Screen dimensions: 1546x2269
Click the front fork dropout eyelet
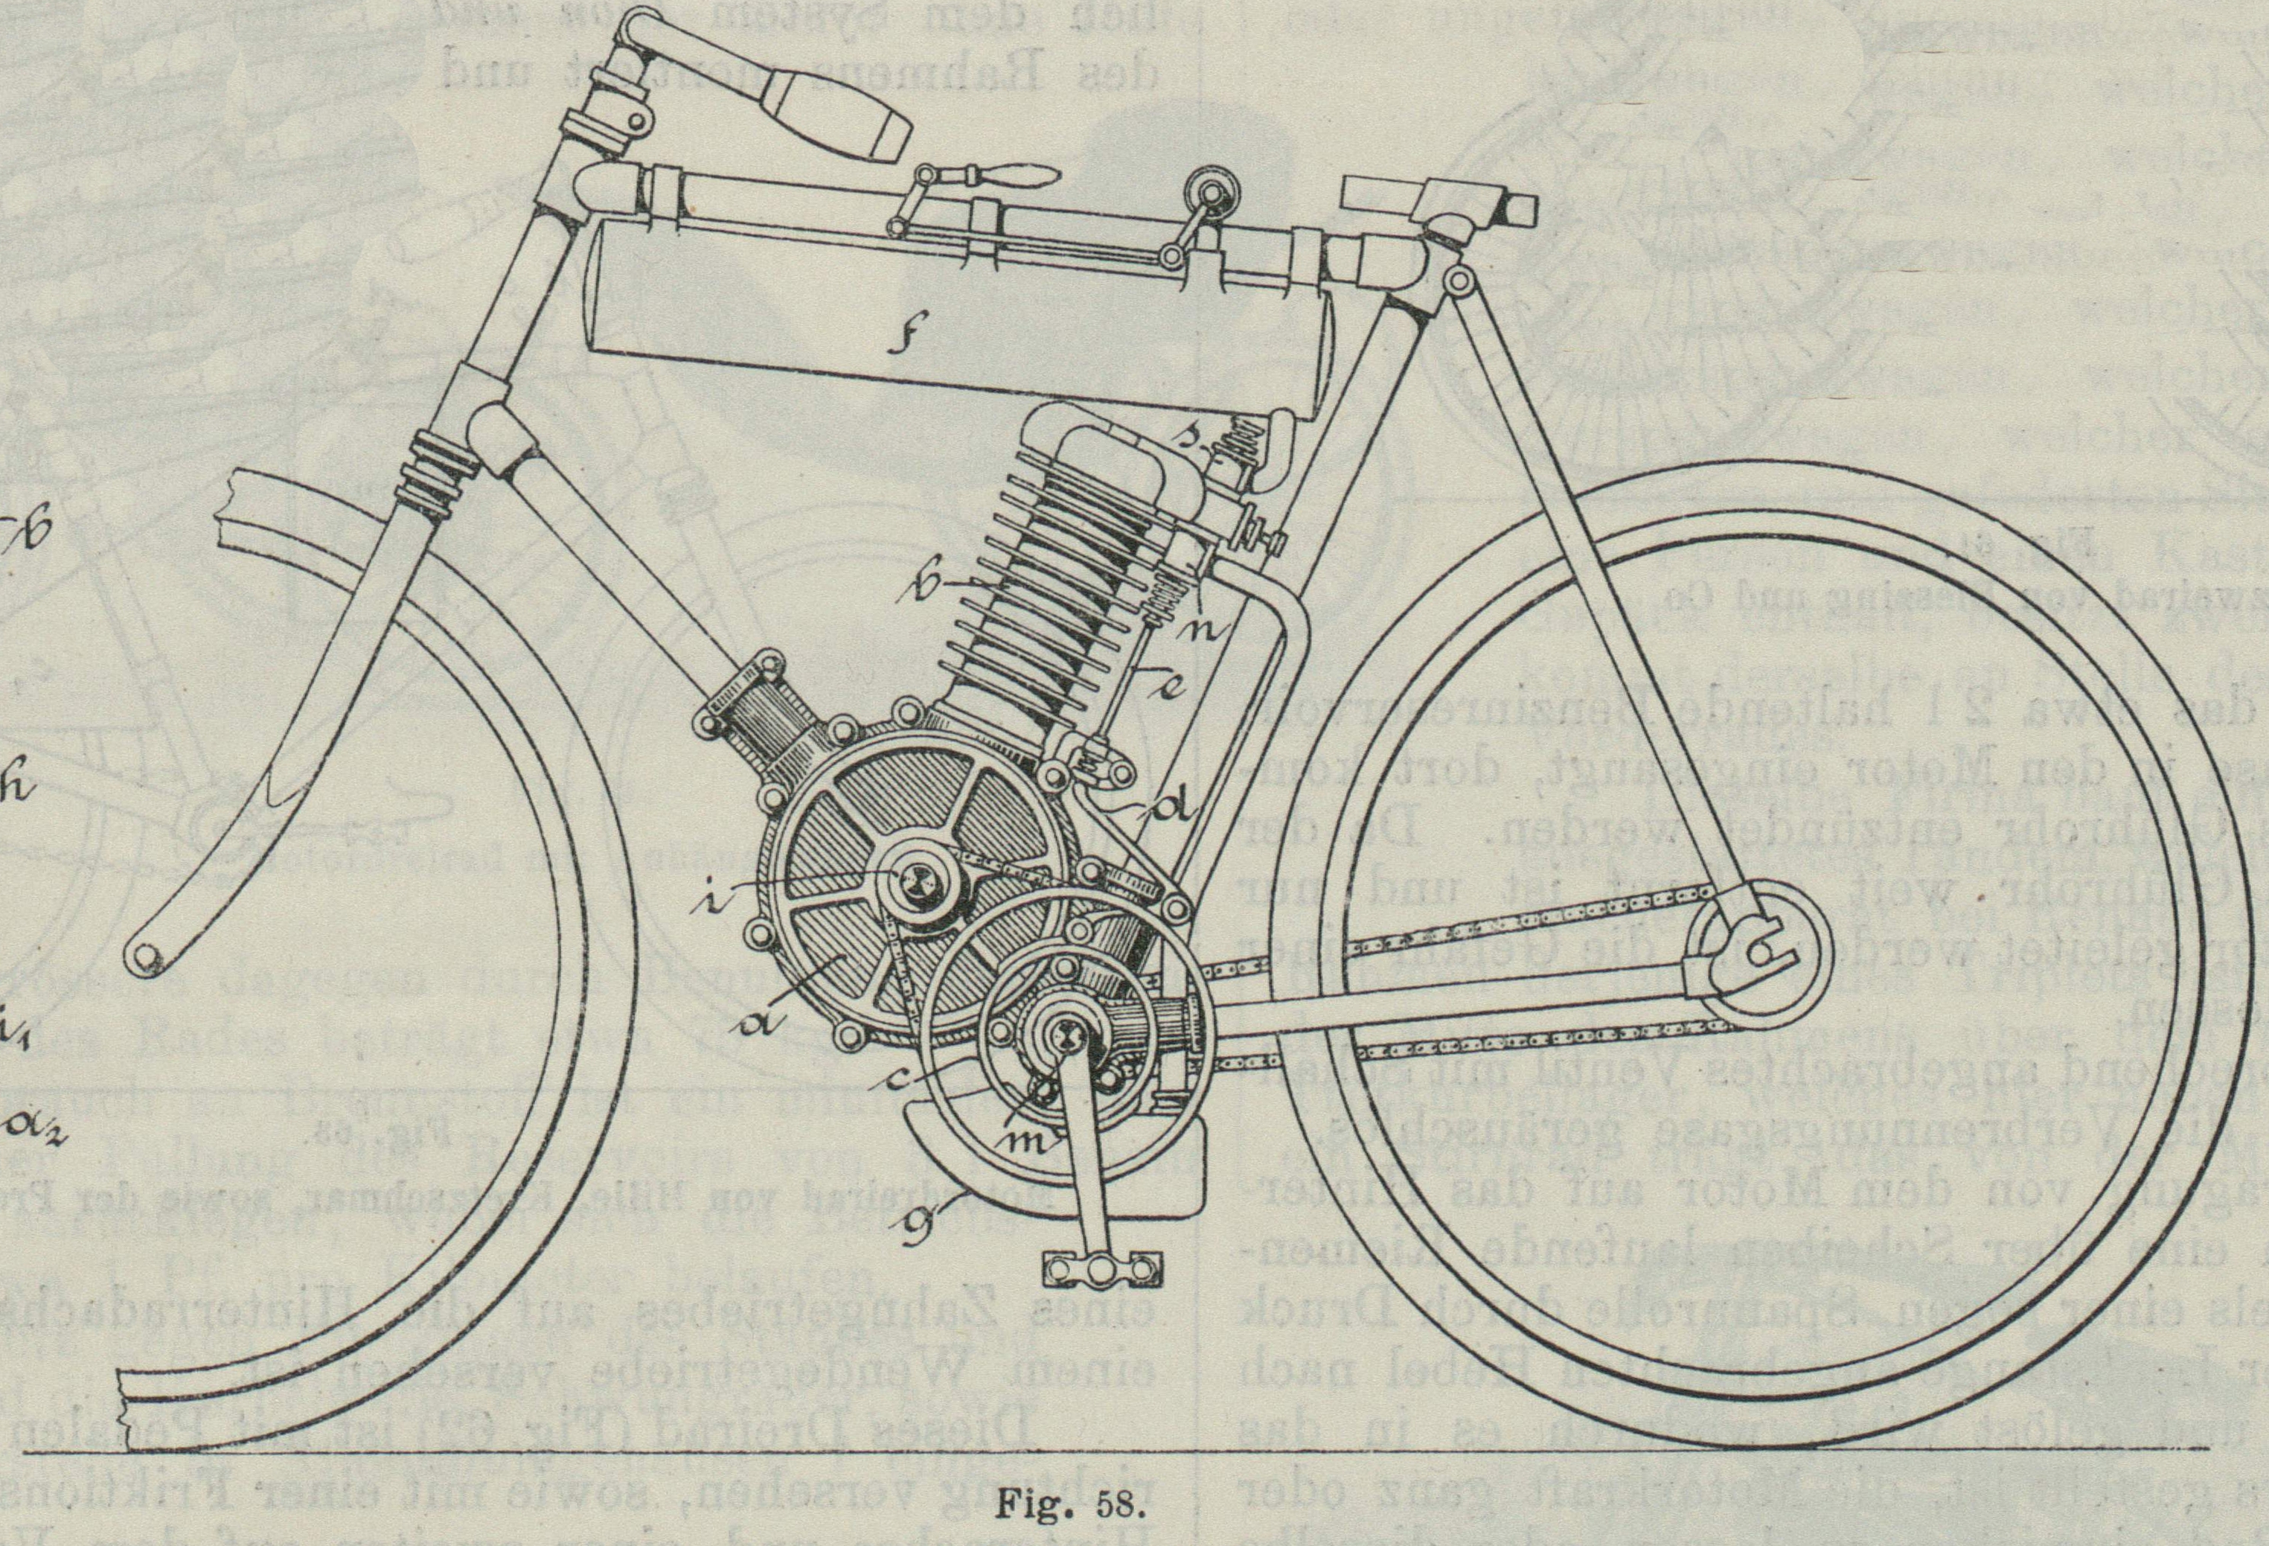[x=148, y=957]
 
